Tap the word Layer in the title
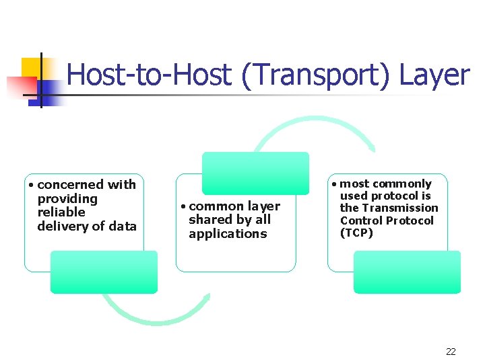coord(434,75)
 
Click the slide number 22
coord(451,352)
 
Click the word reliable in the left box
coord(61,212)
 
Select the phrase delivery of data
coord(87,227)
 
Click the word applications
coord(228,234)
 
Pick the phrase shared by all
coord(230,220)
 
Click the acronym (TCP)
coord(356,233)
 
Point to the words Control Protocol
coord(387,220)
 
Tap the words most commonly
coord(385,184)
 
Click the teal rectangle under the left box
coord(104,272)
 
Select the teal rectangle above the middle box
coord(256,173)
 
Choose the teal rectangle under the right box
coord(407,272)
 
